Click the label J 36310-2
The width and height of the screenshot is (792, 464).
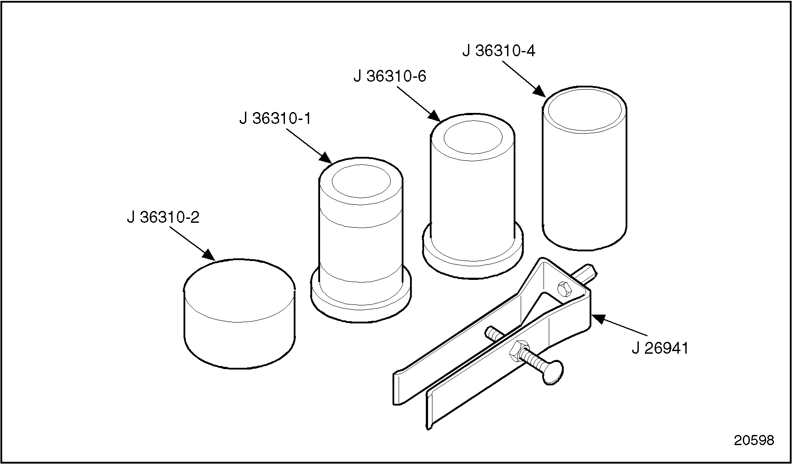[163, 217]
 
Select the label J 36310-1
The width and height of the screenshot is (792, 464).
[275, 118]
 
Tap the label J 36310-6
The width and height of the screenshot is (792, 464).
[390, 76]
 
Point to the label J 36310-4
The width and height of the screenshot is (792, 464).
[499, 51]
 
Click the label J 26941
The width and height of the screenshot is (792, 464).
[660, 348]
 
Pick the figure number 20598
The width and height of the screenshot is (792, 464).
[754, 440]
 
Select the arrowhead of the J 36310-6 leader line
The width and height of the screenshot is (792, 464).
[435, 116]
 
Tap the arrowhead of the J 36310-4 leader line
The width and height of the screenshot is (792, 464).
[540, 92]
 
